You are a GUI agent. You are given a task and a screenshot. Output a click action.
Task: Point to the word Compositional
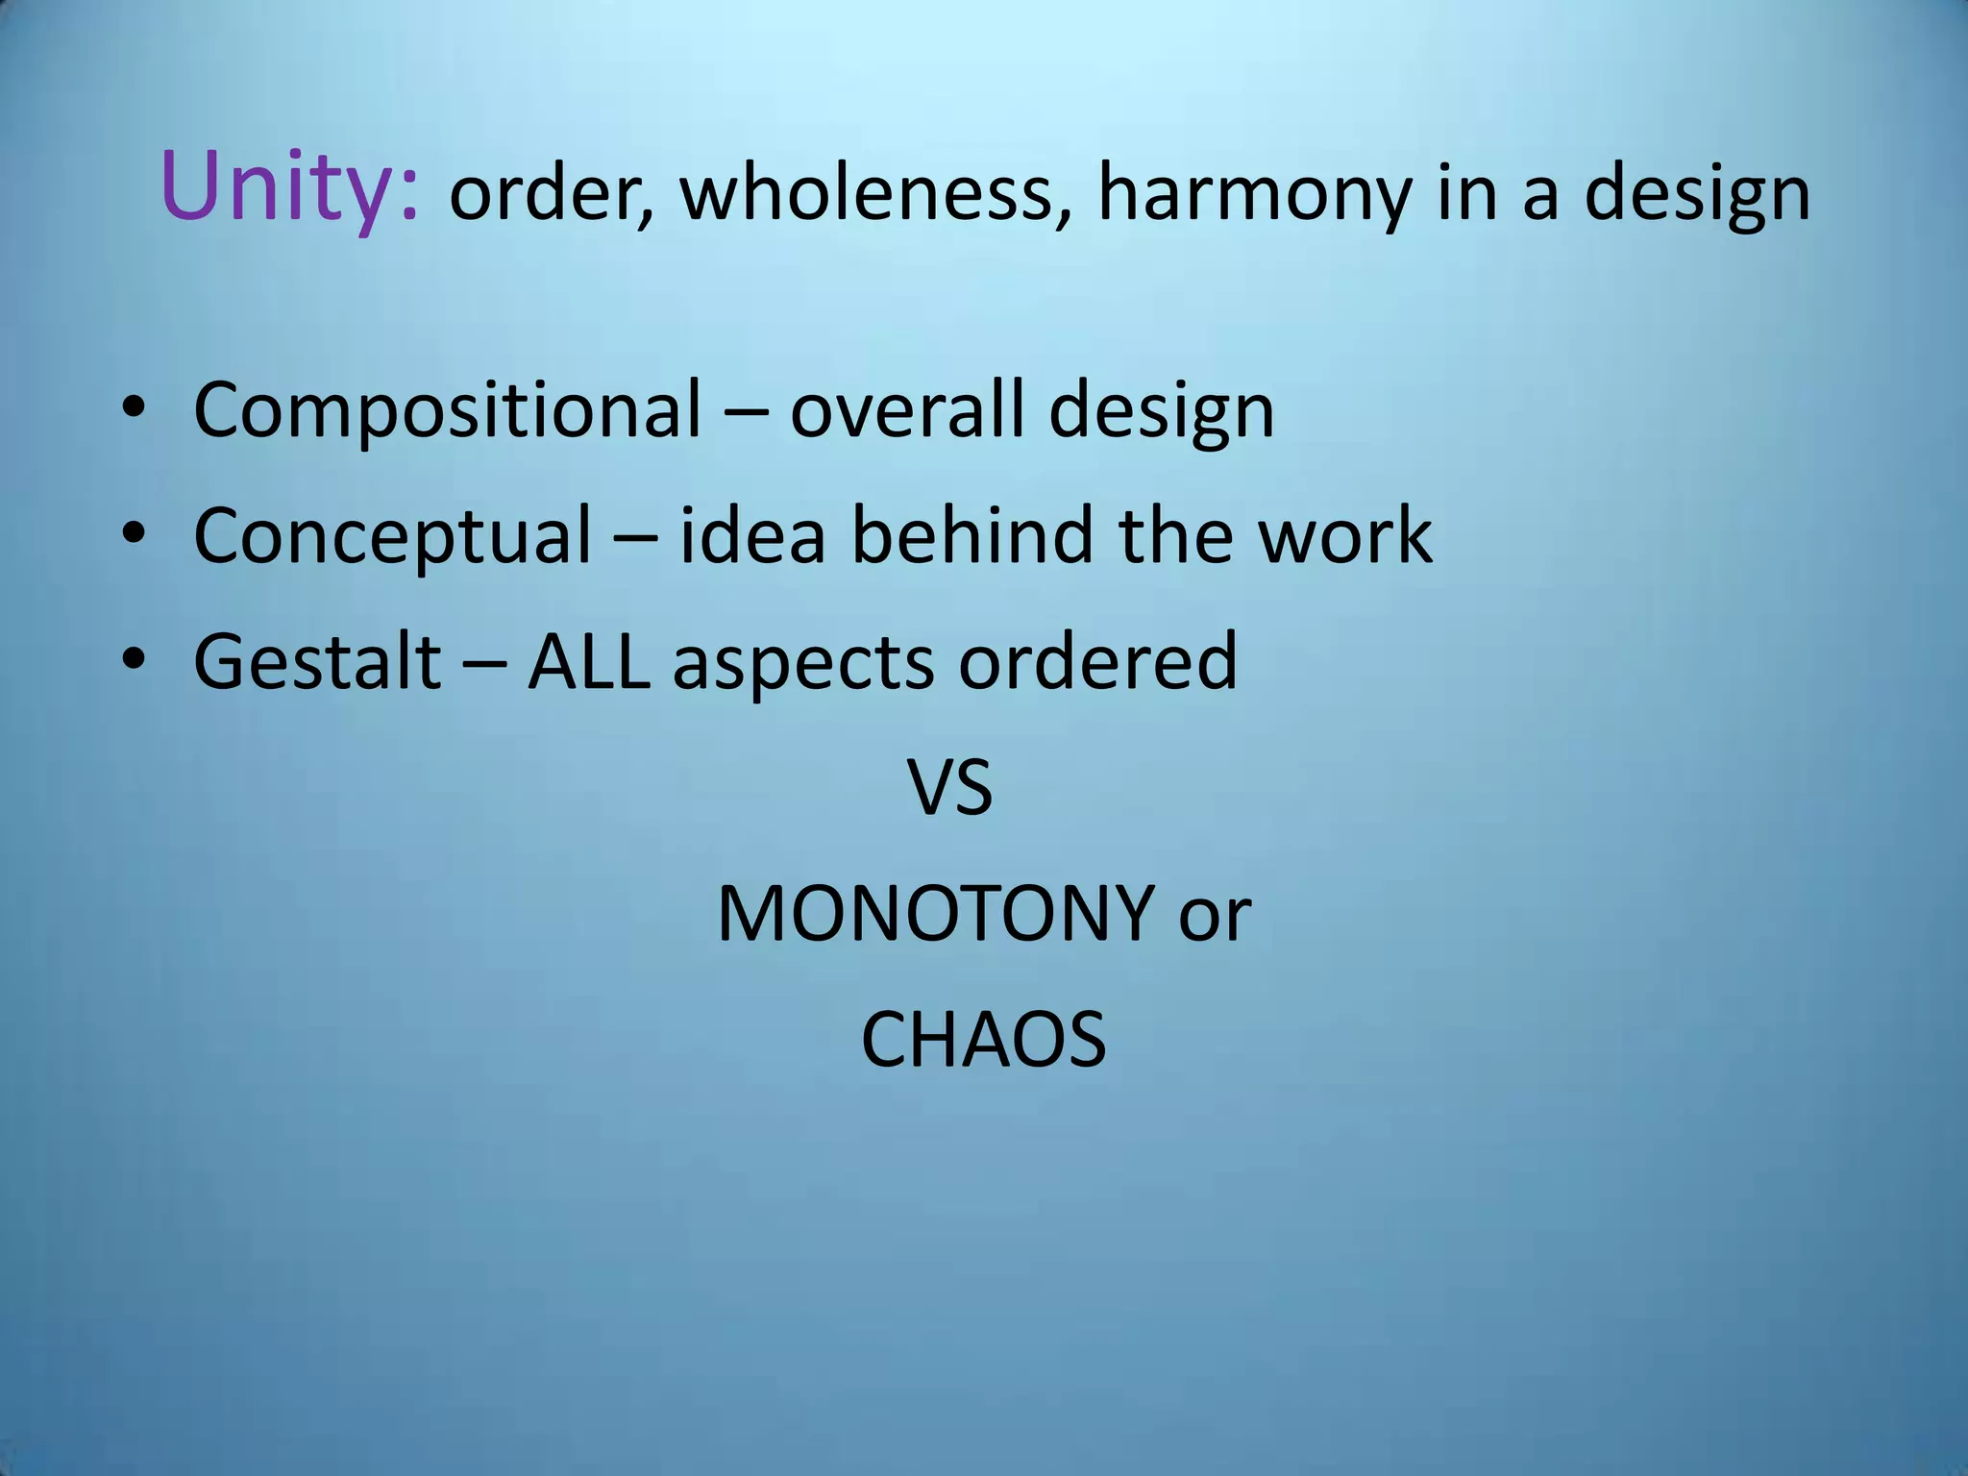point(448,411)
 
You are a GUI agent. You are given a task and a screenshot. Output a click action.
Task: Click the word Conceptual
point(392,537)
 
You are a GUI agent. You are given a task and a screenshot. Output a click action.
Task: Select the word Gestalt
point(317,663)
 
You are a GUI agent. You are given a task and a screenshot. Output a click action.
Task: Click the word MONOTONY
point(935,914)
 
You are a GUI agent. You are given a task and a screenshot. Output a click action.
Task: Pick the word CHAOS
point(983,1040)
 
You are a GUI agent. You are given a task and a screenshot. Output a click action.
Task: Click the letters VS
point(949,789)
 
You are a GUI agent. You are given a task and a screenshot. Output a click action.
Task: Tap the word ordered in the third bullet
point(1097,663)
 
